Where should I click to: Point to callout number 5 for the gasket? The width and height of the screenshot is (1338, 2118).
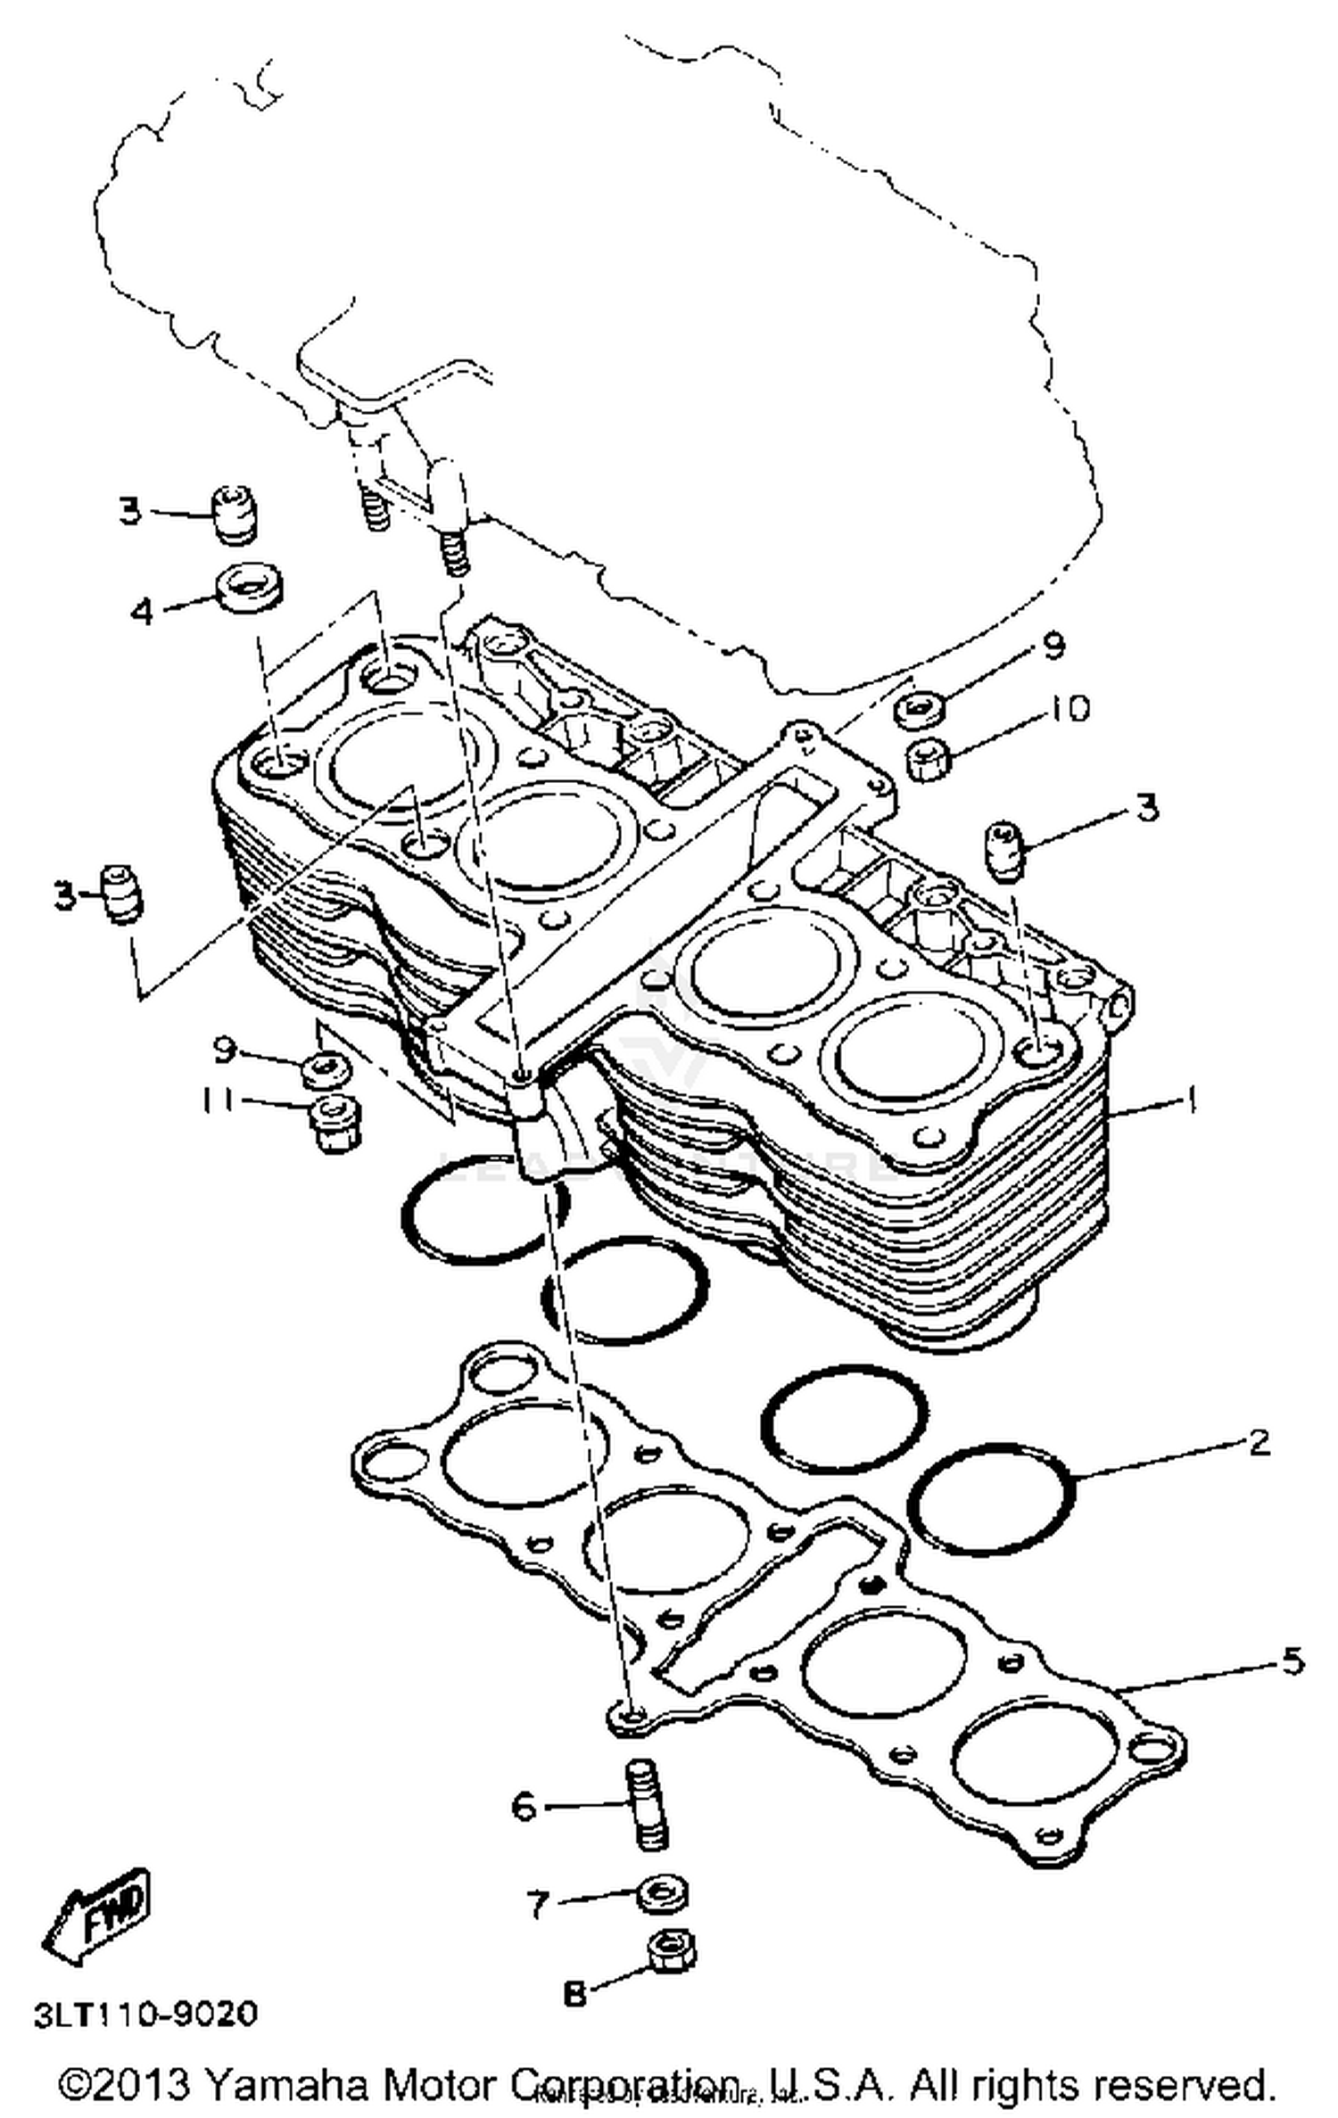(1292, 1660)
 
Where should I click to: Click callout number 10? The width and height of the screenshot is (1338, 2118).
(1070, 708)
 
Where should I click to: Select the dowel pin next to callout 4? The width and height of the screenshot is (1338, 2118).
(235, 515)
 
